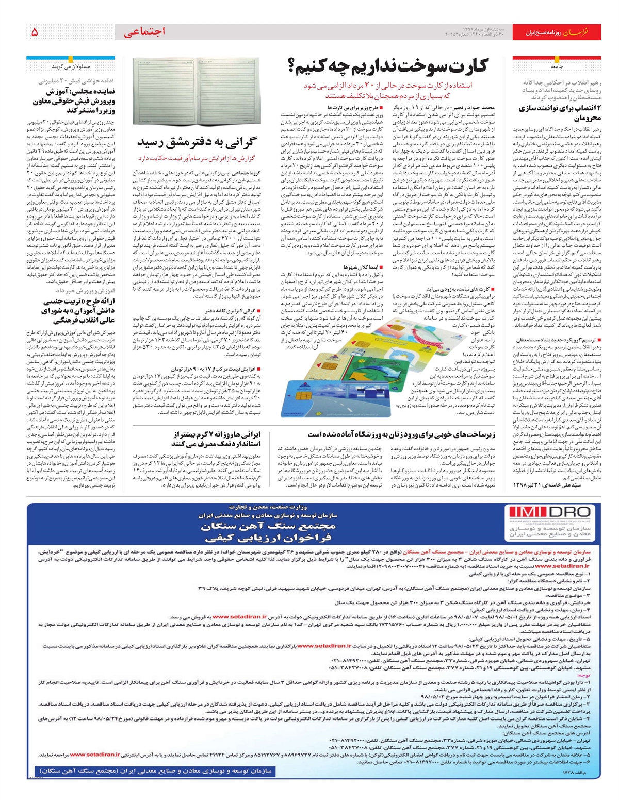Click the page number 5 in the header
click(x=35, y=32)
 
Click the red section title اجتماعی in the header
click(x=144, y=32)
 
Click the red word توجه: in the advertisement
click(x=584, y=675)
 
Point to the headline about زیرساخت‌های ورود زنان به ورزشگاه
click(x=401, y=434)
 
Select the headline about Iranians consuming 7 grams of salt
click(x=217, y=439)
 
